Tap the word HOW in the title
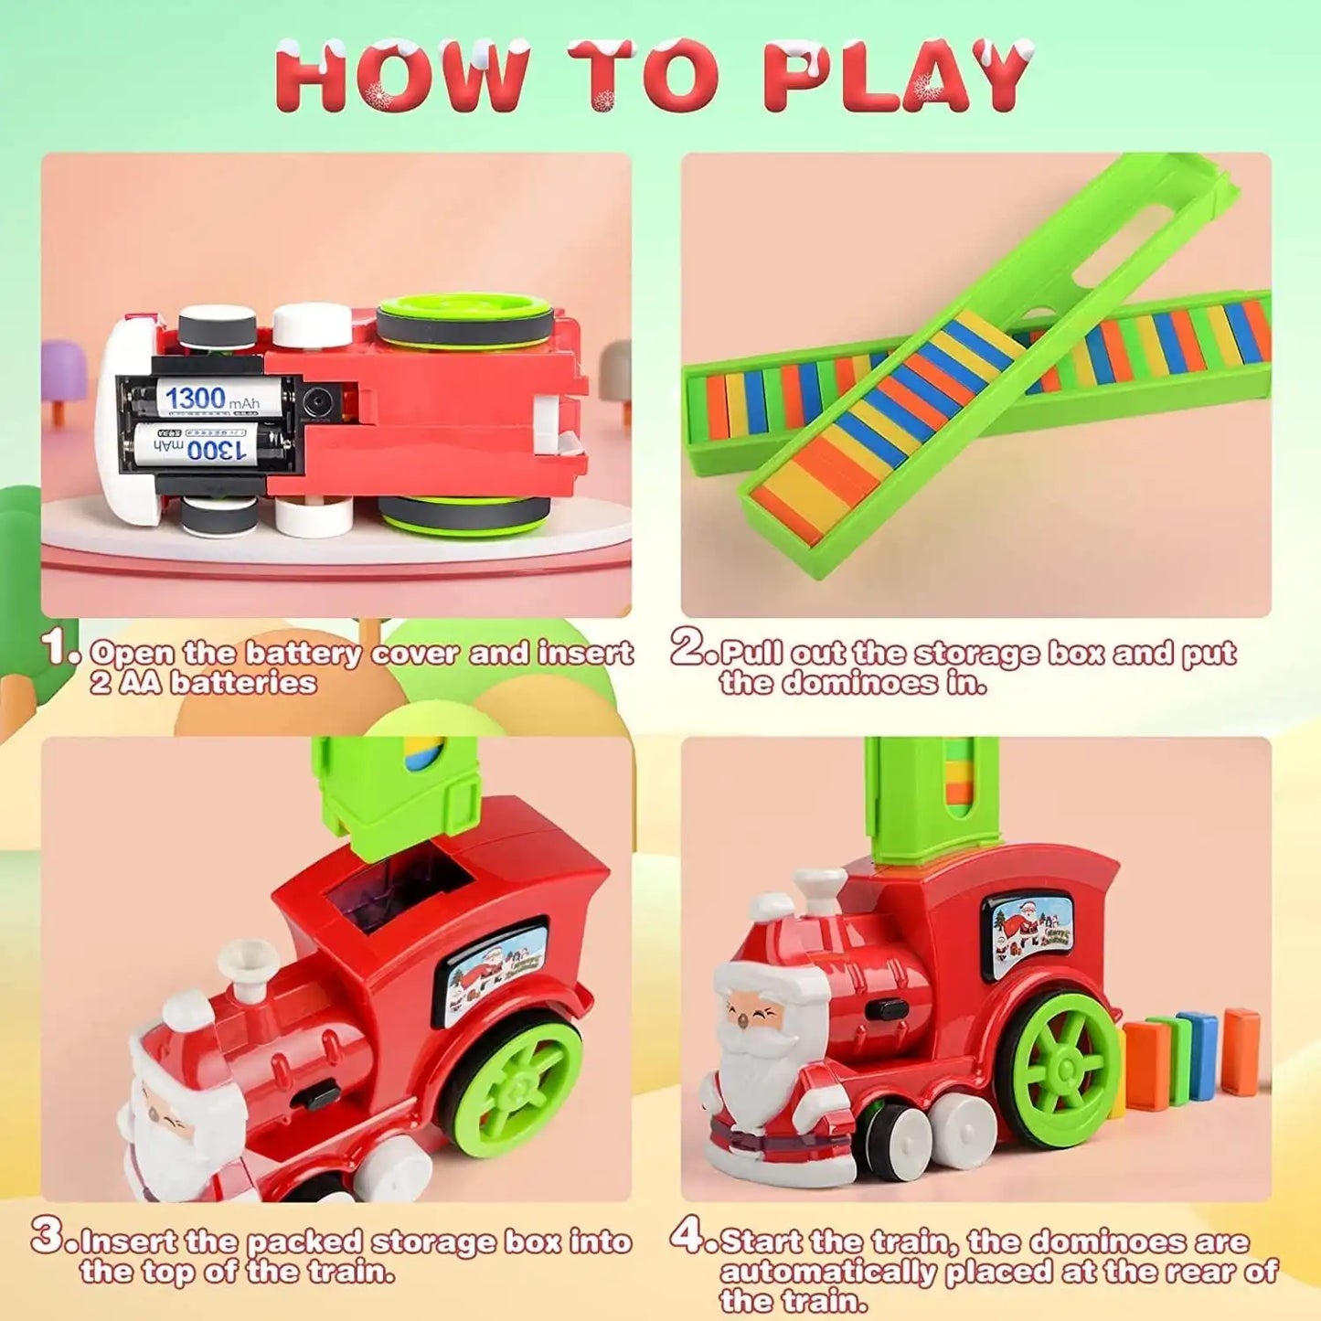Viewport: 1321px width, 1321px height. tap(402, 78)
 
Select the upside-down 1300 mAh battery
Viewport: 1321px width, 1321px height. tap(208, 447)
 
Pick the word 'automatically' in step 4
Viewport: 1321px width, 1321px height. tap(828, 1272)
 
